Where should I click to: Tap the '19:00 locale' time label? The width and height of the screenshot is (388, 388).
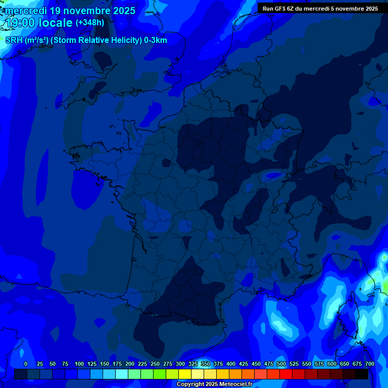tap(39, 23)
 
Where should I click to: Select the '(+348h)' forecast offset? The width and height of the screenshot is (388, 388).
tap(90, 23)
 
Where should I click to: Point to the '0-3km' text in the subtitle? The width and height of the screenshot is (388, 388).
tap(155, 40)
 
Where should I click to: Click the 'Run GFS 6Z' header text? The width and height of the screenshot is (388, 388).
tap(279, 9)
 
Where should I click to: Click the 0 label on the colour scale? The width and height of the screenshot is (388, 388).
tap(26, 364)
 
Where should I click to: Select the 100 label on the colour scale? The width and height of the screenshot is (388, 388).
tap(79, 364)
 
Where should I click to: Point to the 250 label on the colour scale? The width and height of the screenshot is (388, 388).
tap(155, 364)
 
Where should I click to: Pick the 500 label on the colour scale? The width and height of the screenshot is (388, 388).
tap(281, 364)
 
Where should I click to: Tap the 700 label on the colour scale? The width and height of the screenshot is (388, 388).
tap(369, 364)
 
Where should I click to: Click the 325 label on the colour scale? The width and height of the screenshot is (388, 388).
tap(193, 364)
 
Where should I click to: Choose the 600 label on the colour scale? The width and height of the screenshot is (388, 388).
tap(332, 364)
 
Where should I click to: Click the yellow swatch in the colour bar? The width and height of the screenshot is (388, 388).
tap(185, 374)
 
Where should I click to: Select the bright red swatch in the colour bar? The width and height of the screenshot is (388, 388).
tap(286, 374)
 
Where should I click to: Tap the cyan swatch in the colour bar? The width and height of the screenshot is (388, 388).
tap(122, 374)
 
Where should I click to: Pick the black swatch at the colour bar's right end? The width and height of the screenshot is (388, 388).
tap(362, 374)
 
